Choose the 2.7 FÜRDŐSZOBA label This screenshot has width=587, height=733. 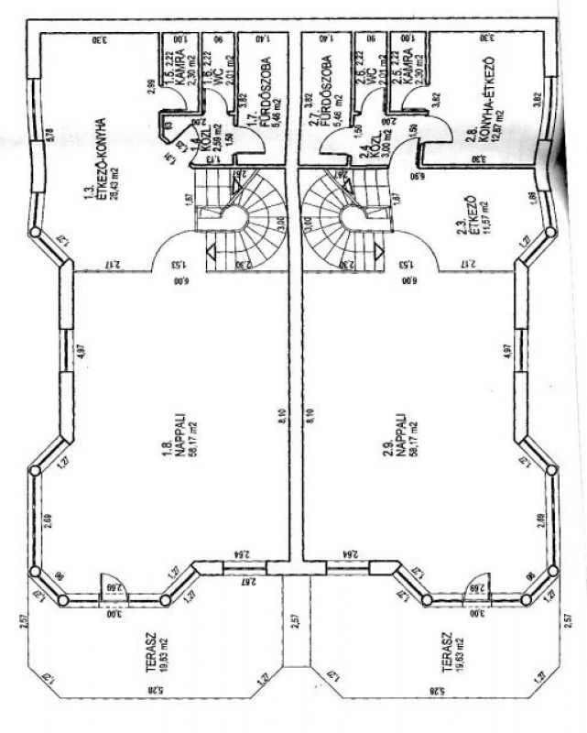[324, 82]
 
